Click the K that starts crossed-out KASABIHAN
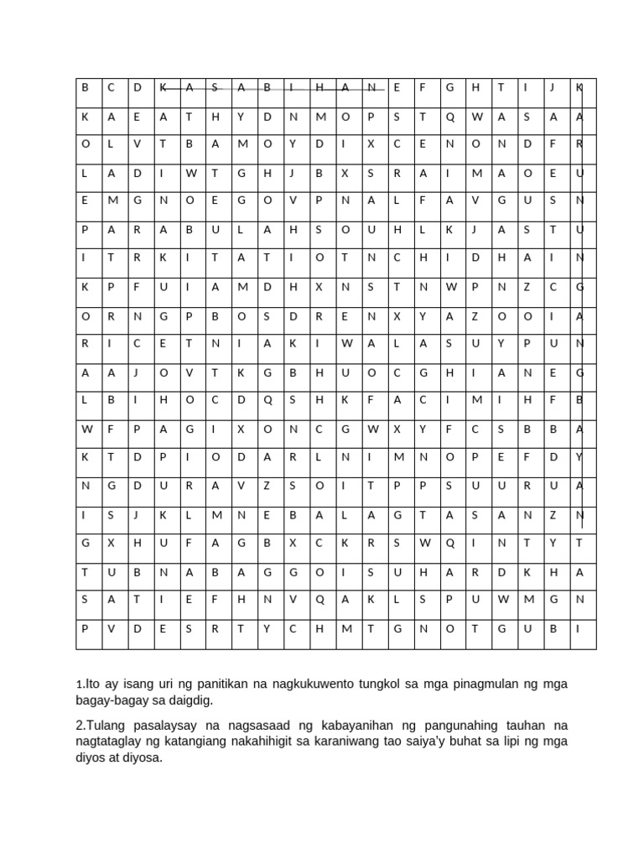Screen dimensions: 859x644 click(x=163, y=87)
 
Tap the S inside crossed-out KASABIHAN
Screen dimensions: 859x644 click(x=216, y=87)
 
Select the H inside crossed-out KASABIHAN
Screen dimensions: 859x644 click(x=319, y=87)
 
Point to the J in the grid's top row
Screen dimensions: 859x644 click(x=553, y=87)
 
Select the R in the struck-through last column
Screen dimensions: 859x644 click(x=579, y=143)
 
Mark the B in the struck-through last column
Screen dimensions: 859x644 click(x=579, y=400)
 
